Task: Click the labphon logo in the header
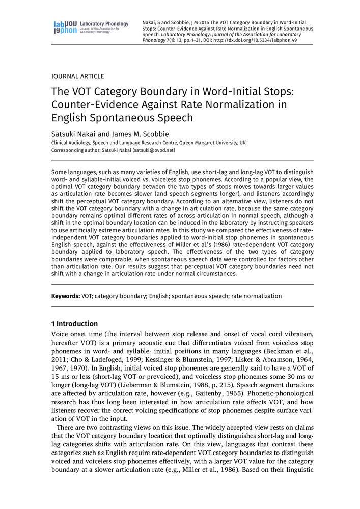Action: tap(65, 27)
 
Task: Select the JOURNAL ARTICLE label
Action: tap(78, 76)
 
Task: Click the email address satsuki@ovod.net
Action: tap(153, 151)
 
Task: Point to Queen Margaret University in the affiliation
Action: tap(203, 143)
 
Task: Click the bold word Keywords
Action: tap(65, 296)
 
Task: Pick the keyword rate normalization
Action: tap(256, 296)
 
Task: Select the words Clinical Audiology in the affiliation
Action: tap(73, 143)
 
